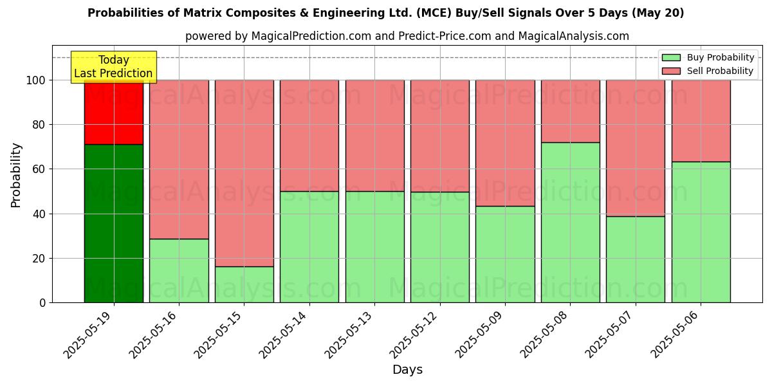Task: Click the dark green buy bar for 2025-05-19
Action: click(114, 223)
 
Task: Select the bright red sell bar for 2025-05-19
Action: click(114, 113)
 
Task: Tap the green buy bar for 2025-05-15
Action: click(244, 284)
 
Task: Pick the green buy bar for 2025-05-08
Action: click(570, 222)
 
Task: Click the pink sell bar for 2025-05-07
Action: click(635, 148)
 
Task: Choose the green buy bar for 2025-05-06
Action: click(701, 232)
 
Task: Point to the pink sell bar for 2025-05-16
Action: click(179, 159)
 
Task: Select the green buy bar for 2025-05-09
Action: click(505, 254)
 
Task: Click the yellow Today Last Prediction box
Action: click(113, 67)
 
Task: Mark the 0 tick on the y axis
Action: click(42, 302)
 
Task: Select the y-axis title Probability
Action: click(16, 174)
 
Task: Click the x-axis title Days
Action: click(407, 370)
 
